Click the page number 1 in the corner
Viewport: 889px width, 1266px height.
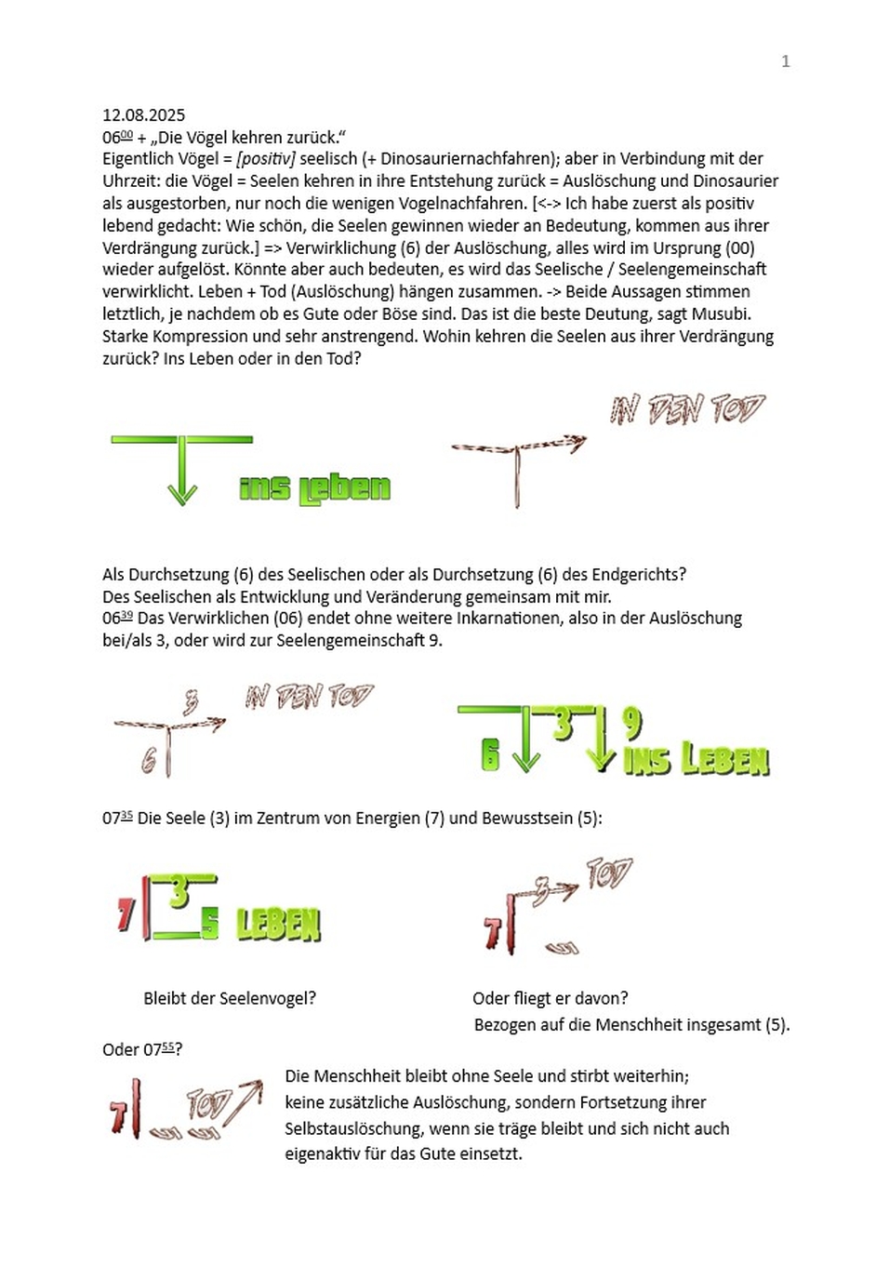pos(786,61)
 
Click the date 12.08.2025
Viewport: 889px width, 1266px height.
pos(144,115)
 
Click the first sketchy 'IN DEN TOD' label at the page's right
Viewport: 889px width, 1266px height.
pos(687,409)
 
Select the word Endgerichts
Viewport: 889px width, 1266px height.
pos(639,575)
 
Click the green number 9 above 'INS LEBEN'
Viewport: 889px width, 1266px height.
pos(632,722)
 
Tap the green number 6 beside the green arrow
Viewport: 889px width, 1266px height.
pos(490,754)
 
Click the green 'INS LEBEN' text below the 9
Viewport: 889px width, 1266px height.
pos(697,760)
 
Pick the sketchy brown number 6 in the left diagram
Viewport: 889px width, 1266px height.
pos(149,761)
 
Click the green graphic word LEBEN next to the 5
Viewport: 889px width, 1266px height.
pos(278,925)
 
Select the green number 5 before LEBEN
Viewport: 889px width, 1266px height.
pos(210,923)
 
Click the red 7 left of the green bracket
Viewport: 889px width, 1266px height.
pos(126,915)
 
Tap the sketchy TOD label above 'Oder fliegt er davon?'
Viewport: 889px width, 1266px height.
pos(609,873)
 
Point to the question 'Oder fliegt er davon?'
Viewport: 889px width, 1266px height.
pos(550,999)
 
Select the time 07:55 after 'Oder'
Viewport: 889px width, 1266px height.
pos(158,1050)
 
